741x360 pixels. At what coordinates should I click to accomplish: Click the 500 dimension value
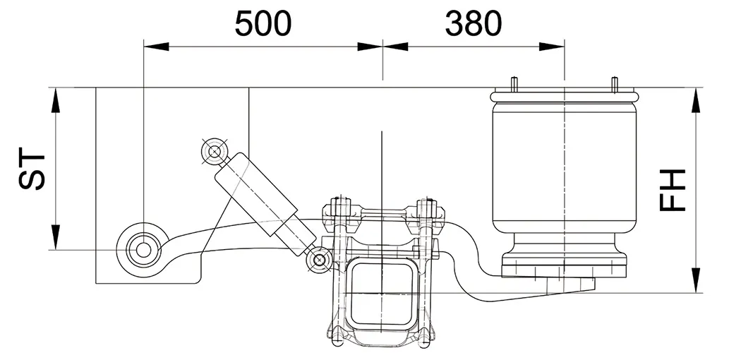(x=263, y=24)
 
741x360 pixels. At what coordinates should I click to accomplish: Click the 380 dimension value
(x=474, y=24)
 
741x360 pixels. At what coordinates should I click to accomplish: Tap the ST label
(x=32, y=169)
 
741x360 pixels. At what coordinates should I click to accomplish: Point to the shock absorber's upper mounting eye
(x=213, y=150)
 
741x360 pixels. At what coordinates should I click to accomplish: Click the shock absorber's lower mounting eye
(x=319, y=260)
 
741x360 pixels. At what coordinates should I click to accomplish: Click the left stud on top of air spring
(x=515, y=83)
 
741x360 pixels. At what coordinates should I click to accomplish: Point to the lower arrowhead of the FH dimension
(x=697, y=281)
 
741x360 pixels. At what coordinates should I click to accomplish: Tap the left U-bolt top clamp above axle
(x=337, y=210)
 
